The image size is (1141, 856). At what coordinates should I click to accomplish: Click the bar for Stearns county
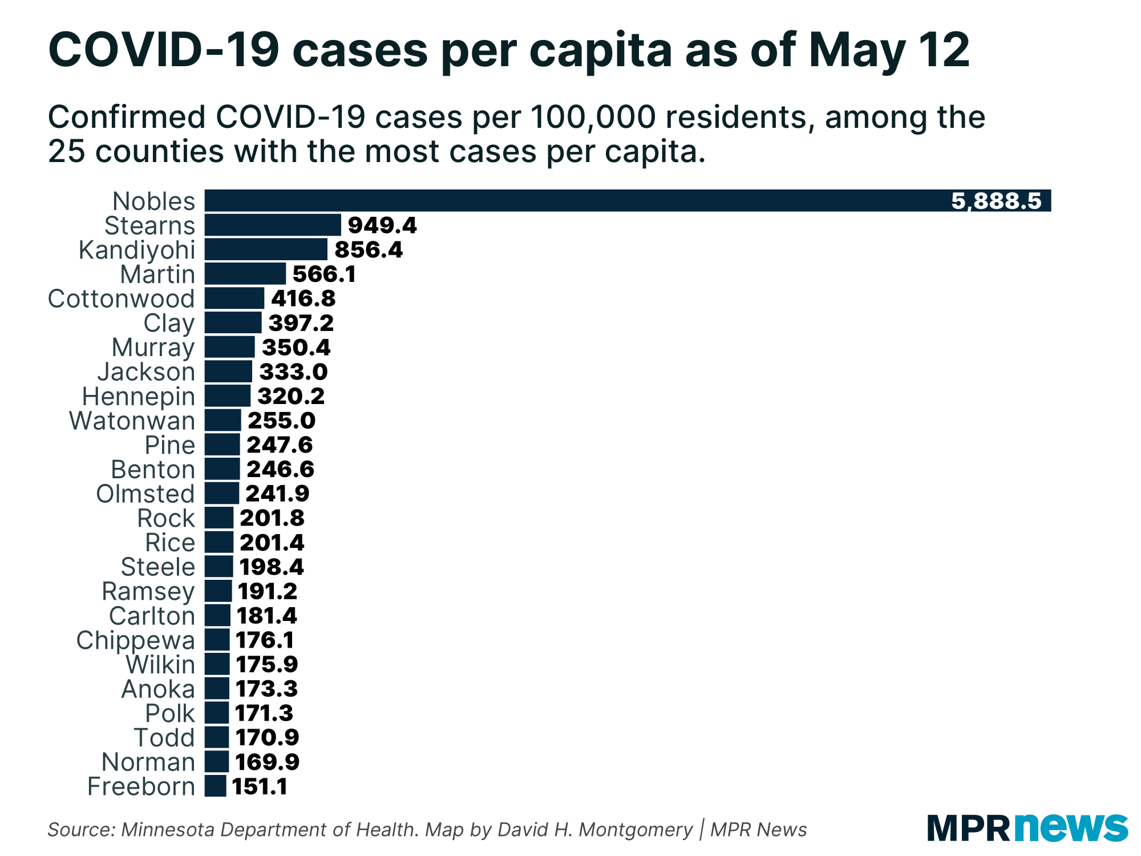pos(273,225)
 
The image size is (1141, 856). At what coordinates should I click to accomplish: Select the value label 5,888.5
pos(996,201)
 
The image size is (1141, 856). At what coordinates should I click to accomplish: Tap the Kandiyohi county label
pos(137,250)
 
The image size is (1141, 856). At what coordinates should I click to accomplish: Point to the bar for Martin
pos(245,274)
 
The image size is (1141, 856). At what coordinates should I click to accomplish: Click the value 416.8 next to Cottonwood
pos(303,298)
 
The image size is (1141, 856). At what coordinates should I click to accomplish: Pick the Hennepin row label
pos(139,397)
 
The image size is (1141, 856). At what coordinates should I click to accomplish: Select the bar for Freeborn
pos(216,786)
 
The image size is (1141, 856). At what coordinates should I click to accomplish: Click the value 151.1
pos(260,786)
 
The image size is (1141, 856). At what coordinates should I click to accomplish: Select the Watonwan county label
pos(132,421)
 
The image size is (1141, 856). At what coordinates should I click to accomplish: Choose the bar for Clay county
pos(233,323)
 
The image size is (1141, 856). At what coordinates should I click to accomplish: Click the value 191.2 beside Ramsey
pos(268,591)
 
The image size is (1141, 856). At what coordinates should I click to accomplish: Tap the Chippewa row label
pos(136,640)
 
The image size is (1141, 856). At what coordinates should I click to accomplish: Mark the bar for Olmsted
pos(222,494)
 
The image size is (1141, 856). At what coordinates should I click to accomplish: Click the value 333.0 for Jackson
pos(293,372)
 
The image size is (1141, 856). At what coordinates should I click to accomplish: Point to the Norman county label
pos(148,762)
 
